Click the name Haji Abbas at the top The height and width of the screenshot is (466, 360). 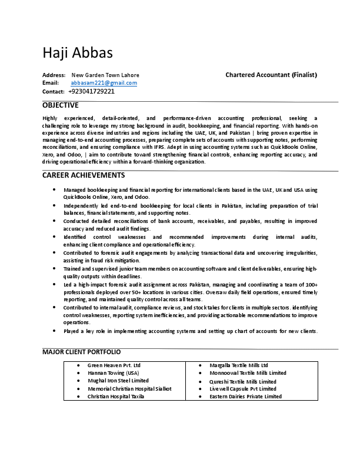click(78, 52)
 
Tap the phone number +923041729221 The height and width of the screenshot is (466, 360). click(91, 91)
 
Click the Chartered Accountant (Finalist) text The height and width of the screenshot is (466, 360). click(271, 75)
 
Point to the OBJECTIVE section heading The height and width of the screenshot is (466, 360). click(60, 105)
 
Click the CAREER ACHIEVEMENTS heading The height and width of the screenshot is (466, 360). click(84, 175)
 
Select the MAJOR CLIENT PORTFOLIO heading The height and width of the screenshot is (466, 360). click(82, 352)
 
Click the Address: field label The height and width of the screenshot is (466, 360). click(54, 75)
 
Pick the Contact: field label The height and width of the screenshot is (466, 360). click(54, 92)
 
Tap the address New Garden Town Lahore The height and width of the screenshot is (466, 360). click(105, 75)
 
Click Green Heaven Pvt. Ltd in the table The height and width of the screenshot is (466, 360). click(114, 365)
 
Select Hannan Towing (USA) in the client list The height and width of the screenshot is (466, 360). click(114, 373)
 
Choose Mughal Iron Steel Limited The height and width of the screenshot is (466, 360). click(118, 381)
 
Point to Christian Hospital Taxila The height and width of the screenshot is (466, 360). click(116, 397)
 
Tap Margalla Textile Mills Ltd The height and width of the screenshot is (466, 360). click(239, 365)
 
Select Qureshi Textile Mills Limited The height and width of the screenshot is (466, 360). click(243, 381)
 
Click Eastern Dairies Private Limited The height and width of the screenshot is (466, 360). click(245, 397)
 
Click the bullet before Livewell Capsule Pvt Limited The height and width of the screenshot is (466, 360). click(201, 389)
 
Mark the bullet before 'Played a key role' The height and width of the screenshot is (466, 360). click(54, 331)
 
